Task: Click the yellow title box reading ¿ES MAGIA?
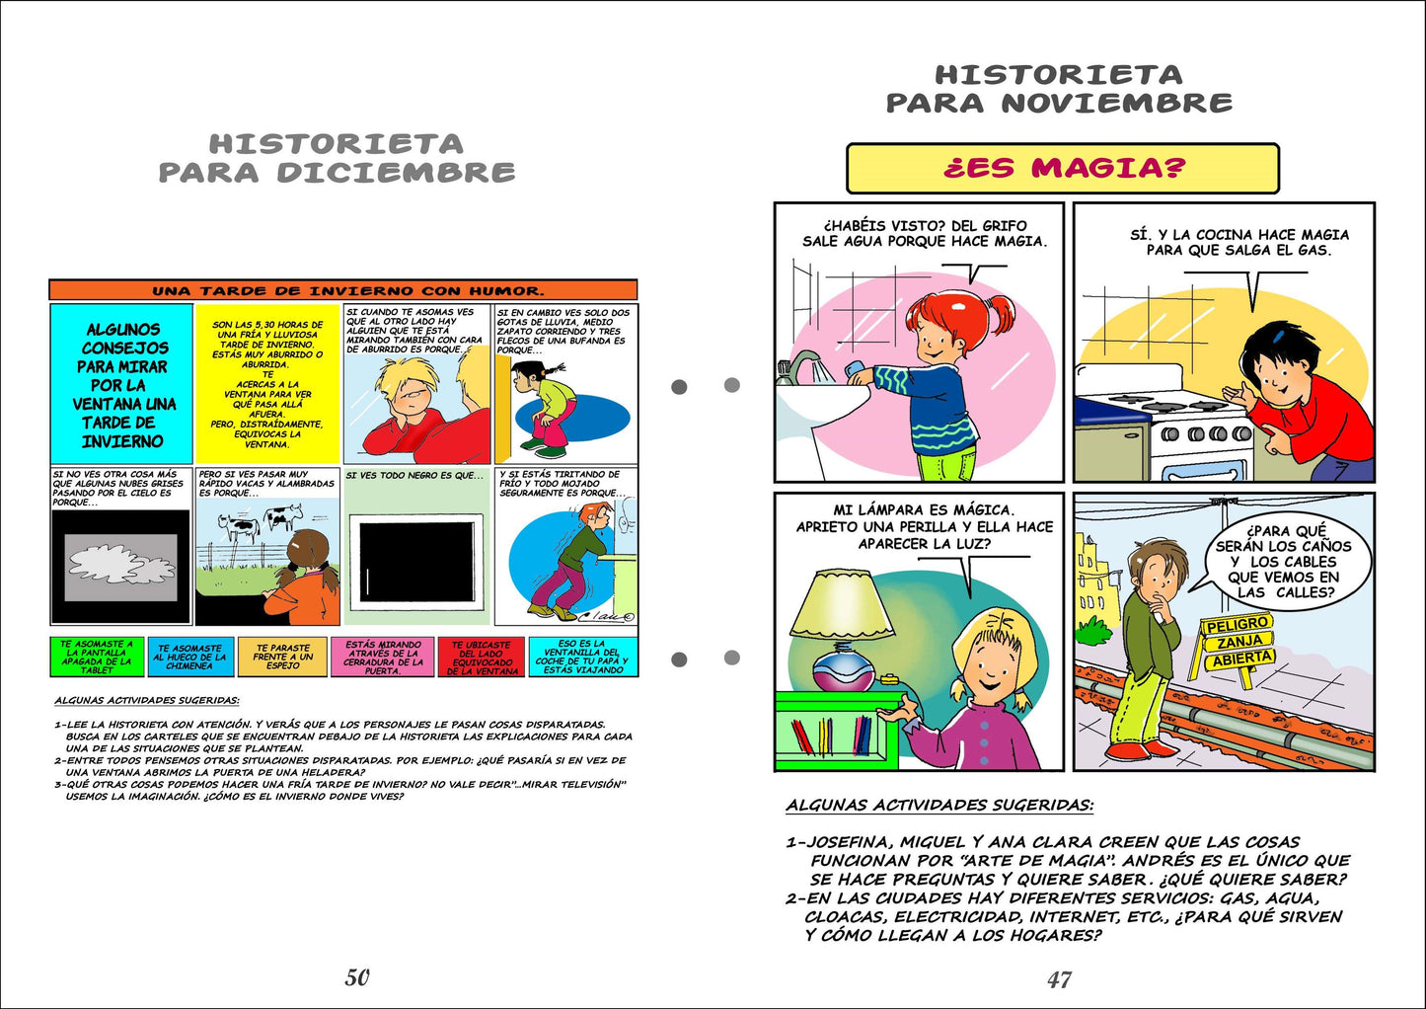coord(1062,168)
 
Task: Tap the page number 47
coord(1059,979)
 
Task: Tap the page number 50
coord(357,977)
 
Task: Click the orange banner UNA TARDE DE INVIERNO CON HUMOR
coord(343,290)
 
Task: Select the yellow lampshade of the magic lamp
coord(843,604)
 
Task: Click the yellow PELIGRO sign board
coord(1237,625)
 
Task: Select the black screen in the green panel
coord(415,562)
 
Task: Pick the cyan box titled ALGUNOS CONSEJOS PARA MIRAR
coord(122,384)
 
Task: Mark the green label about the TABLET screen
coord(97,657)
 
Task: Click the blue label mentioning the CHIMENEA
coord(189,658)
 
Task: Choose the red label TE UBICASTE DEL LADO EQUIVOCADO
coord(481,658)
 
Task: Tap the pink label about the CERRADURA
coord(384,658)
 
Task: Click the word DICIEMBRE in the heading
coord(396,173)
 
